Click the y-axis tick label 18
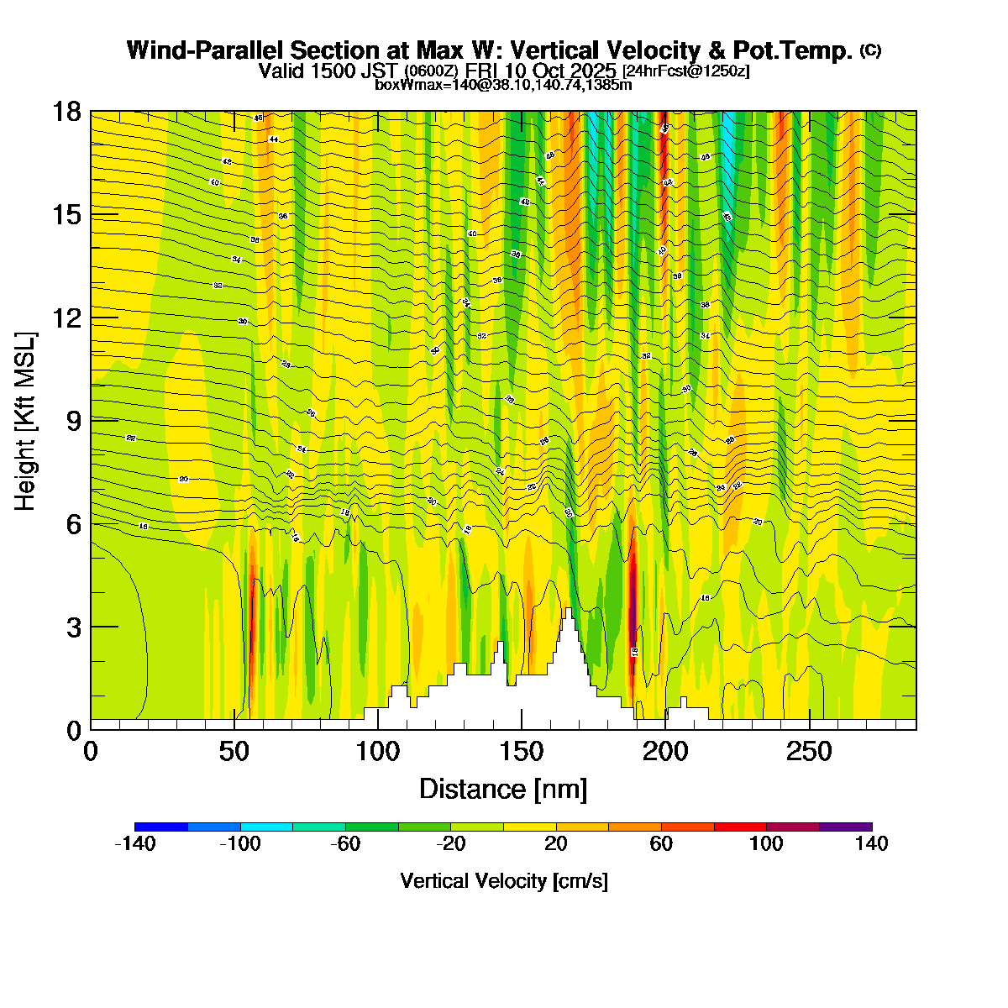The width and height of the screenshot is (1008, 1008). (x=66, y=112)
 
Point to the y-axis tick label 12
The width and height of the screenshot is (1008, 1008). (x=66, y=318)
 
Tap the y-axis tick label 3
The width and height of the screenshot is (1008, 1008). (x=72, y=627)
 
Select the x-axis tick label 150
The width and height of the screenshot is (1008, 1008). (x=522, y=751)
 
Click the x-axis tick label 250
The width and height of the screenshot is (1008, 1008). (x=809, y=751)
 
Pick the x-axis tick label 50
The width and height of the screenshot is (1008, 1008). (x=234, y=751)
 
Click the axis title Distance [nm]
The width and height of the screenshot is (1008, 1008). (x=503, y=789)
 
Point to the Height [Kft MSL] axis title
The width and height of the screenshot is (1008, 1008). (x=26, y=422)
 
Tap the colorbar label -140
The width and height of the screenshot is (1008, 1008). (x=134, y=844)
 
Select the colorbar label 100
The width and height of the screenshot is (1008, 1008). (x=766, y=844)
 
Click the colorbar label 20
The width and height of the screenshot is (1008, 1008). (x=556, y=844)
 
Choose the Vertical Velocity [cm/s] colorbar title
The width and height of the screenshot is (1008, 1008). (x=504, y=881)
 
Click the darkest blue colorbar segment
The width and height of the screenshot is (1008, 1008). (x=160, y=827)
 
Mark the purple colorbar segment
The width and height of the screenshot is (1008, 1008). (x=845, y=827)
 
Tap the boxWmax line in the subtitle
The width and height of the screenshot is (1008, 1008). (x=503, y=84)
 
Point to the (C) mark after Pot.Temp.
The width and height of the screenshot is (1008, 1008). (x=870, y=50)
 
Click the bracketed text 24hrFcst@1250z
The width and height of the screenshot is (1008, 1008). (x=686, y=71)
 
